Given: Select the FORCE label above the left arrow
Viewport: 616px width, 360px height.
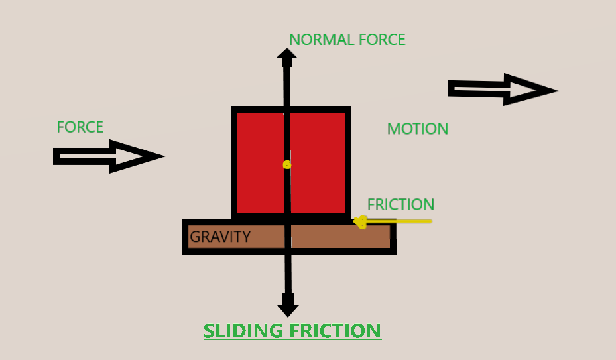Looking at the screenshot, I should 80,127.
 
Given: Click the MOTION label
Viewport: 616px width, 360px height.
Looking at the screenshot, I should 418,129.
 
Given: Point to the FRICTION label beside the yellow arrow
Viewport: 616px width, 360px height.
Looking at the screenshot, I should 400,204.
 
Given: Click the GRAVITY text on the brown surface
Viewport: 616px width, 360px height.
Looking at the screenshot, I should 220,237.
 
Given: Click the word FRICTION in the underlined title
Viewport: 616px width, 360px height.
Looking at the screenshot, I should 338,330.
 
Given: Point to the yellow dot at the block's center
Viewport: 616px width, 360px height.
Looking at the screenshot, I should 286,164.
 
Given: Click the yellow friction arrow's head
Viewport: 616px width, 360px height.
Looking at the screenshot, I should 361,222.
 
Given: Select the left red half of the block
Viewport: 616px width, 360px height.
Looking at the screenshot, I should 261,162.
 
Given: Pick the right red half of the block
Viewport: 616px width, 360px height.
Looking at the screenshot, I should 318,162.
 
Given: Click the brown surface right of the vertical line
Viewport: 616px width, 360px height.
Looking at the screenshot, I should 340,237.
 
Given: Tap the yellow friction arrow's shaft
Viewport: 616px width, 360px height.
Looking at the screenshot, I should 401,221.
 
